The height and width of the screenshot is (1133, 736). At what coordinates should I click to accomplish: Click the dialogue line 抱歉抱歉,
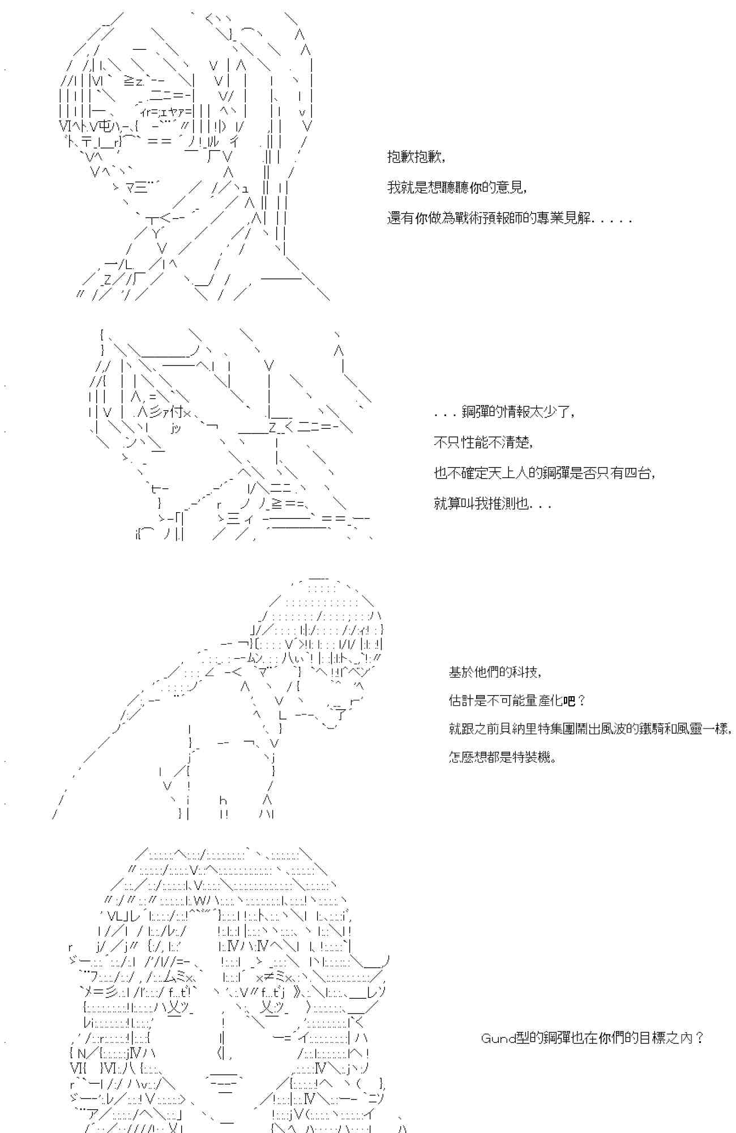click(416, 157)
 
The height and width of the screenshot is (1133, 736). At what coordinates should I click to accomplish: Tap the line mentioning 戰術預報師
click(510, 218)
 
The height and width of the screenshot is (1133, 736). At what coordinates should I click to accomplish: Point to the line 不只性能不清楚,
click(483, 442)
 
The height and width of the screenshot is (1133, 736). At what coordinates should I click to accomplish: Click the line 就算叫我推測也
click(493, 504)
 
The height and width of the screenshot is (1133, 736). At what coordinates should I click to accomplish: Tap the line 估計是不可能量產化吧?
click(517, 701)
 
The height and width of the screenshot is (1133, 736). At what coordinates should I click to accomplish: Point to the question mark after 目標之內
click(699, 1038)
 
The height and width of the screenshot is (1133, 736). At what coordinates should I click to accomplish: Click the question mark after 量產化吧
click(580, 701)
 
